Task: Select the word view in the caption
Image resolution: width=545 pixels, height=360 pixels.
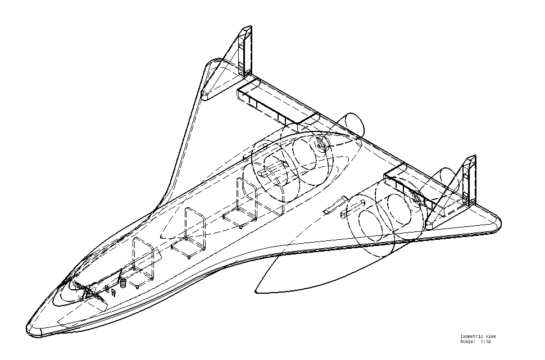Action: point(490,336)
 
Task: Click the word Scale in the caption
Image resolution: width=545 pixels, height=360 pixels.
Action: point(467,341)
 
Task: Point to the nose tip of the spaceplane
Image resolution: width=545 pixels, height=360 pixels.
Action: point(30,329)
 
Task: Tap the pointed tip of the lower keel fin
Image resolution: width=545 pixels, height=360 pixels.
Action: point(256,291)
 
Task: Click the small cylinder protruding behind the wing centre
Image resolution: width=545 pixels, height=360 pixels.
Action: point(353,121)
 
